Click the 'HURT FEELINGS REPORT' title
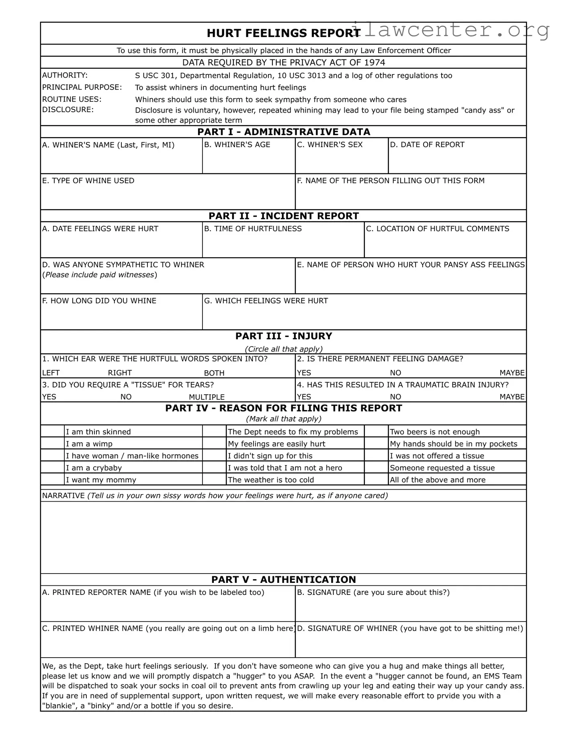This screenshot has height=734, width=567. [x=283, y=33]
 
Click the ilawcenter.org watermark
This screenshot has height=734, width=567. [x=450, y=30]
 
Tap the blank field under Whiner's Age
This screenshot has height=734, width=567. [x=248, y=161]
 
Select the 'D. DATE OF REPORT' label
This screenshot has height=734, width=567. [x=427, y=145]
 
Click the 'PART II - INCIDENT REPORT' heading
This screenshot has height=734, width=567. [x=283, y=216]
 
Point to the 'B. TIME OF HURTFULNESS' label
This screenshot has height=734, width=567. [x=253, y=229]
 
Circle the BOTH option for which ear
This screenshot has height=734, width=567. [x=214, y=373]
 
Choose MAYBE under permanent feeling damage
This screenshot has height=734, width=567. [x=512, y=373]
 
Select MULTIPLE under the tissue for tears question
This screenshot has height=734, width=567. [x=207, y=397]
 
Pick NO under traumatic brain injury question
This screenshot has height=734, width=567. [x=395, y=397]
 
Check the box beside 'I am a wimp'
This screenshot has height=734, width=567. [x=53, y=443]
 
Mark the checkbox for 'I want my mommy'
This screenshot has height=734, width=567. [x=53, y=480]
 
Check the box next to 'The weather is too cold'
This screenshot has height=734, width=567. [x=214, y=480]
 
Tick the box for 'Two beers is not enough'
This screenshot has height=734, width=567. [x=376, y=431]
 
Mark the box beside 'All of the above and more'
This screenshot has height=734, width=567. [x=376, y=480]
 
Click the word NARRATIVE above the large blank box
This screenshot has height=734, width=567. [x=63, y=496]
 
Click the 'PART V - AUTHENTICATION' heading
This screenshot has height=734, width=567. [x=283, y=580]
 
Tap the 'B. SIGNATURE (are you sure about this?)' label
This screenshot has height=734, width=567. [x=373, y=593]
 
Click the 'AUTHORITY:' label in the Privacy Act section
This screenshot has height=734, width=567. [x=65, y=76]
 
